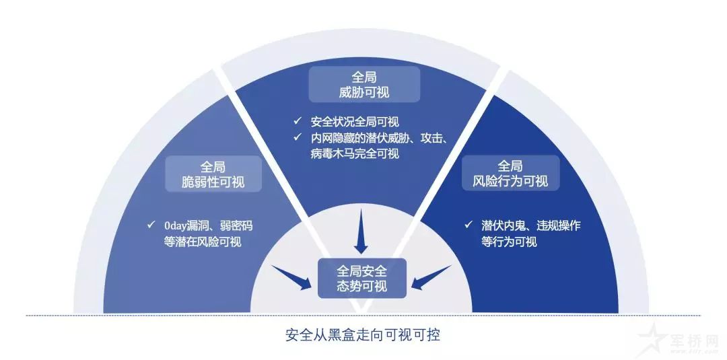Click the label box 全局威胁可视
(364, 84)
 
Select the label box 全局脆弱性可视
(213, 174)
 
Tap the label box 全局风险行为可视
(510, 173)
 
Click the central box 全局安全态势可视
(361, 278)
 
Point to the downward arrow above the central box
(361, 231)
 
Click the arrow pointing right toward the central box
(292, 278)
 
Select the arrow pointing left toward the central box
(431, 277)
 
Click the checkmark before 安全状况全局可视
(297, 121)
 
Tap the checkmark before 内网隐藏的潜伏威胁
(297, 137)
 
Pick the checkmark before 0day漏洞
(151, 225)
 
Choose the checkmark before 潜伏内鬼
(469, 225)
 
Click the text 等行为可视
(509, 242)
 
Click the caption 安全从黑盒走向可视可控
(363, 334)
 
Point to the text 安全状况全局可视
(355, 122)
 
